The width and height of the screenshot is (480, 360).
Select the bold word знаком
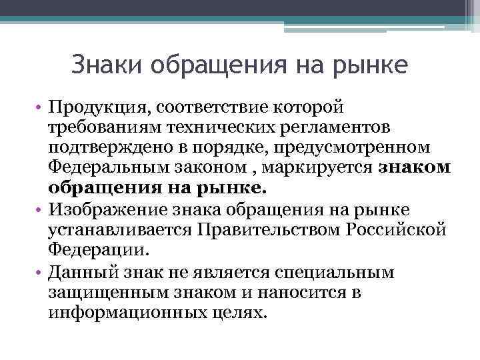(x=415, y=165)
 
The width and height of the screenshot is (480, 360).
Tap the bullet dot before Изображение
(x=41, y=211)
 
